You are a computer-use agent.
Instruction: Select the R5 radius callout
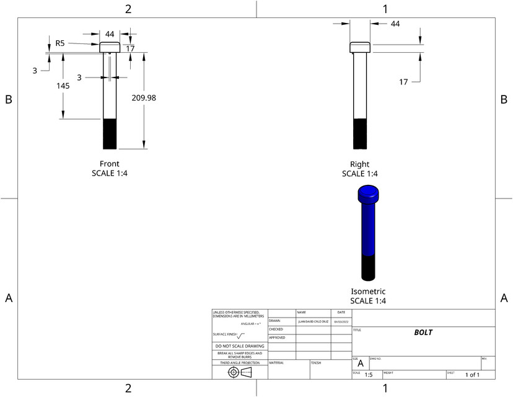click(60, 43)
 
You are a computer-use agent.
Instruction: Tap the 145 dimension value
click(63, 86)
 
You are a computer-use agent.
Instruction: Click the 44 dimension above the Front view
click(110, 34)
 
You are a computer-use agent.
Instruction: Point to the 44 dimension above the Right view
click(395, 23)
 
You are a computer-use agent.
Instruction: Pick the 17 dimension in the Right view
click(403, 81)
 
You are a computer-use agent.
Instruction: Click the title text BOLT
click(423, 332)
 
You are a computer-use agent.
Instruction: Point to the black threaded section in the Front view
click(110, 133)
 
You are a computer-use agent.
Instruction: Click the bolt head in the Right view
click(359, 47)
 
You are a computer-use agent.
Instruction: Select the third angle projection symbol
click(240, 372)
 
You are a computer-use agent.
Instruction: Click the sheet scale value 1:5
click(368, 375)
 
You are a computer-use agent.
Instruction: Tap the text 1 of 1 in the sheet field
click(473, 375)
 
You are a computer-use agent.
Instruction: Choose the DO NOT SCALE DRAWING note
click(239, 346)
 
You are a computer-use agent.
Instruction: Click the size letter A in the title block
click(360, 364)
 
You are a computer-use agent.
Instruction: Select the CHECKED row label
click(276, 329)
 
